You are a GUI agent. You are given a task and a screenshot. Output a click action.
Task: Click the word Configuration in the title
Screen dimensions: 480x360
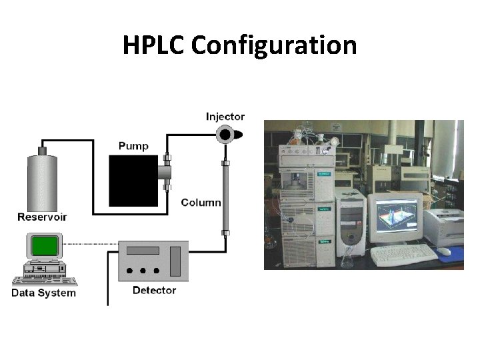coord(274,46)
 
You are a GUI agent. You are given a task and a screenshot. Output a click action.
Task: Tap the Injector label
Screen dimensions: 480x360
coord(225,116)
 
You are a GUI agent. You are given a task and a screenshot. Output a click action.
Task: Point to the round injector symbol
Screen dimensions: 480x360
coord(226,135)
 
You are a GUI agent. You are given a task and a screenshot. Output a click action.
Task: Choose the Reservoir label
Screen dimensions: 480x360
coord(42,217)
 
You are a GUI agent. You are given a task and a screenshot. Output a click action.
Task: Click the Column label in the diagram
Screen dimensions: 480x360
coord(201,203)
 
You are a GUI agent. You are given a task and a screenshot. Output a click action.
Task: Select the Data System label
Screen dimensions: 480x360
coord(44,292)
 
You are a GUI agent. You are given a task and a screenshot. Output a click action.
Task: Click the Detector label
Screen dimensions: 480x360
coord(154,290)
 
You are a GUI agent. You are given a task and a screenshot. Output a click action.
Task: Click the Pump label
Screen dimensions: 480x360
coord(133,145)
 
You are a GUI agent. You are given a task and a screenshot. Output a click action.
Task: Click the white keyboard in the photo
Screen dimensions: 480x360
coord(404,253)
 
